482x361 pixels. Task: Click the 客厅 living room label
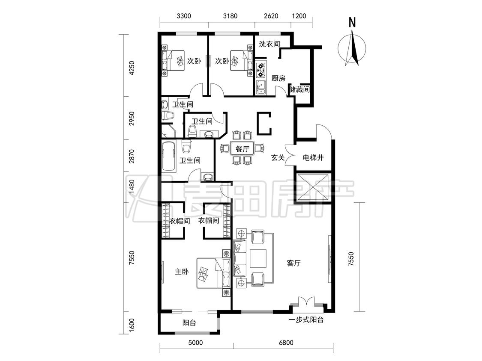[293, 263]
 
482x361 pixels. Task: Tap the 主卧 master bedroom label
[182, 272]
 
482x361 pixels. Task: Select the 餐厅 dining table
[242, 149]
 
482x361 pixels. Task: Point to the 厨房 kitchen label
[278, 78]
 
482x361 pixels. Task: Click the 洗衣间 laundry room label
[269, 44]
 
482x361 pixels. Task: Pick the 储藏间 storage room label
[299, 90]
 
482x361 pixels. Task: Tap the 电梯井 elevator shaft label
[313, 158]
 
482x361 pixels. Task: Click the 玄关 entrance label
[278, 158]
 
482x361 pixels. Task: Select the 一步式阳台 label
[306, 320]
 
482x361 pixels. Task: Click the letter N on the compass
[352, 22]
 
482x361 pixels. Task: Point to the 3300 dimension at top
[183, 16]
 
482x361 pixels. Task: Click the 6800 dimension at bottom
[286, 343]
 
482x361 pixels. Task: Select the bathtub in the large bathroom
[168, 156]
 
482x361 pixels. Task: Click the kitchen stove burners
[260, 70]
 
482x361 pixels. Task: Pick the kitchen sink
[260, 87]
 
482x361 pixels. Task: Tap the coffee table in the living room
[258, 258]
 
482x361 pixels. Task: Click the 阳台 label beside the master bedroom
[189, 323]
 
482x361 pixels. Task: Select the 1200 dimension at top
[299, 16]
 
